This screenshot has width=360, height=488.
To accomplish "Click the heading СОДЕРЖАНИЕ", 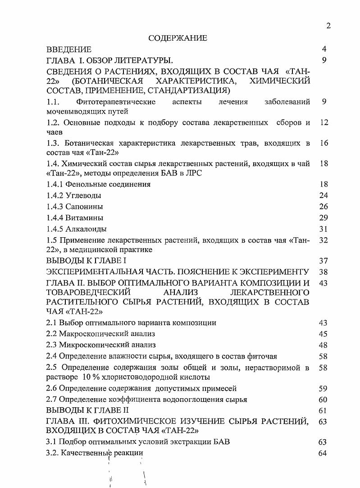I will pyautogui.click(x=178, y=38).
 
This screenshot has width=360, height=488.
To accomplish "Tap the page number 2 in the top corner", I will pyautogui.click(x=328, y=26).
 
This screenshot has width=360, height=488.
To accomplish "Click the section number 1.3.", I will pyautogui.click(x=54, y=143).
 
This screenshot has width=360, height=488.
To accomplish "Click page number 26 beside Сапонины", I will pyautogui.click(x=323, y=207).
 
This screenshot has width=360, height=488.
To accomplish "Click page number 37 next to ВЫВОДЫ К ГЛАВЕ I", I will pyautogui.click(x=323, y=261).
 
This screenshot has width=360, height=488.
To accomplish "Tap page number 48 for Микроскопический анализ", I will pyautogui.click(x=323, y=345).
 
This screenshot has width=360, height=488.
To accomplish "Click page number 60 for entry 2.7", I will pyautogui.click(x=323, y=399).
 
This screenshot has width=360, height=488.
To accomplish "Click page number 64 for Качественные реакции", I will pyautogui.click(x=323, y=453).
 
